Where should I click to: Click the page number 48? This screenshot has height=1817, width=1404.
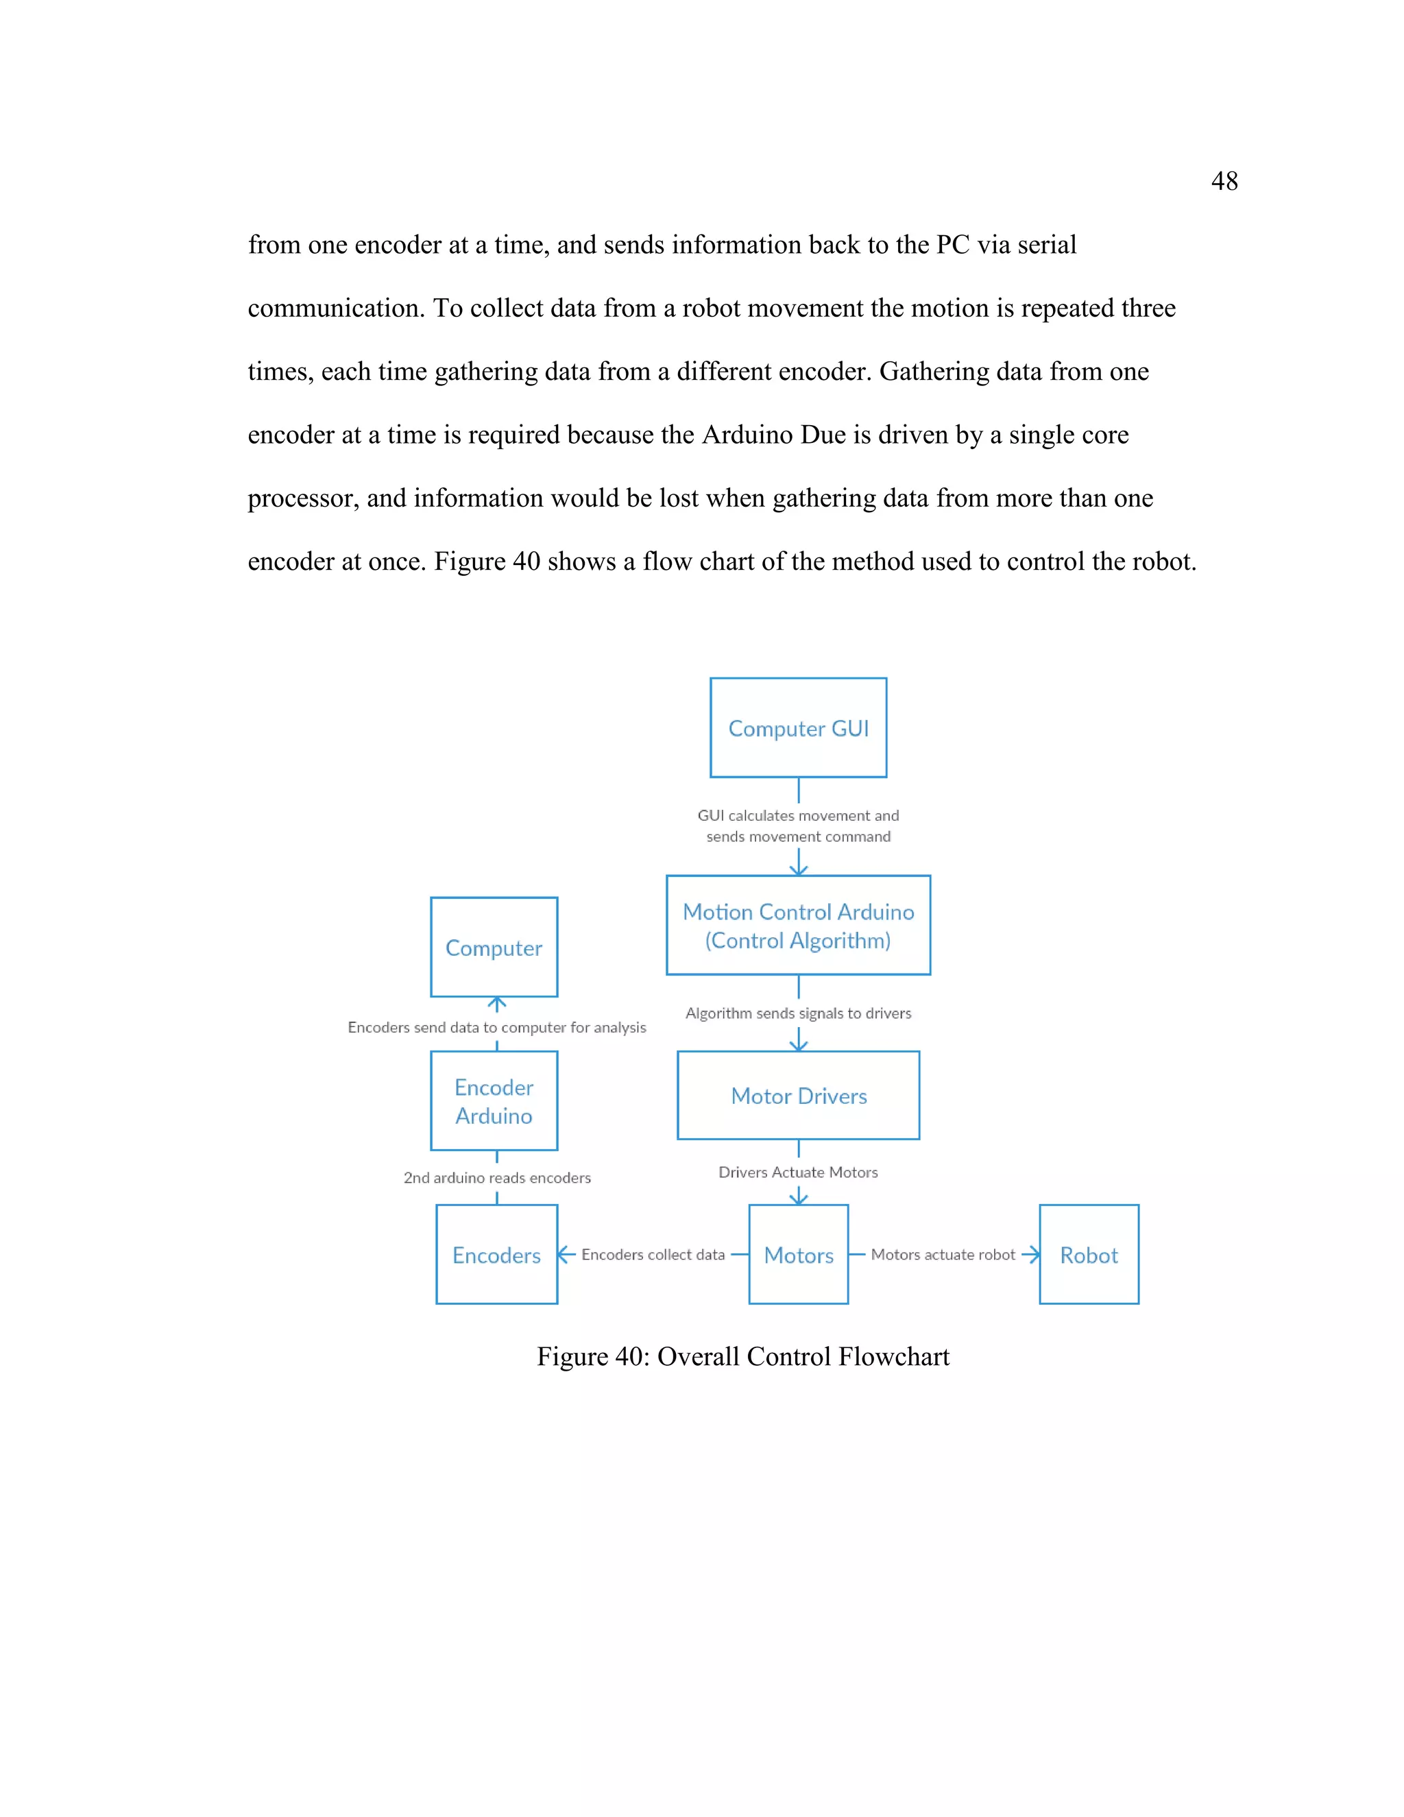coord(1224,182)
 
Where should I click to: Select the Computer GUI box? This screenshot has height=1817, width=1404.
coord(798,728)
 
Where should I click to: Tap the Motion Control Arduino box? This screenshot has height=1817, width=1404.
coord(798,925)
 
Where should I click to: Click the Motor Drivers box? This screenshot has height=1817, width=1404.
coord(798,1096)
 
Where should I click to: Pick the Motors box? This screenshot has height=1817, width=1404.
coord(798,1255)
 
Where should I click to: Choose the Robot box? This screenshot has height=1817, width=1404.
coord(1088,1255)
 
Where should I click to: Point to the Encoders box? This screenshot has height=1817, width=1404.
coord(496,1255)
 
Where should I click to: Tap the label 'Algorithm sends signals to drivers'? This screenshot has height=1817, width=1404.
coord(798,1013)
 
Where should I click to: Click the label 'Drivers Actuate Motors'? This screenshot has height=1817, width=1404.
coord(798,1172)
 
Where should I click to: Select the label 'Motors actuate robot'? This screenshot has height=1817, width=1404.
coord(943,1255)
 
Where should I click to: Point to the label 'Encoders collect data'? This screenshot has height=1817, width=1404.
coord(653,1255)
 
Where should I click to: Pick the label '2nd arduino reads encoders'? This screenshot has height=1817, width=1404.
coord(496,1178)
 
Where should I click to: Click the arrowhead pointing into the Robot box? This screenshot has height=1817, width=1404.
coord(1032,1255)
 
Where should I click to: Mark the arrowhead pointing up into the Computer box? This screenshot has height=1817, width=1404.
coord(496,1003)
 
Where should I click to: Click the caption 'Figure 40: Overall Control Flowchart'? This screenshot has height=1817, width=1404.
coord(742,1357)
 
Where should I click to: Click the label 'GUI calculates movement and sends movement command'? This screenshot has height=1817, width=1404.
coord(798,826)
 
